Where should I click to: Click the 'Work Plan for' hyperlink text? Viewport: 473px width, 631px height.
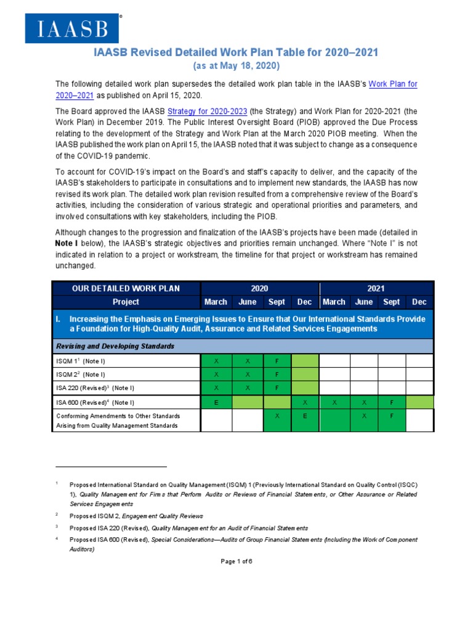pos(392,84)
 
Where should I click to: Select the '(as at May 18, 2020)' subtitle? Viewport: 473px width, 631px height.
pos(236,66)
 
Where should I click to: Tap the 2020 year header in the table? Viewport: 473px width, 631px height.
pos(259,288)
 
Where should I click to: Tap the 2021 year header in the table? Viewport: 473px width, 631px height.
pos(376,288)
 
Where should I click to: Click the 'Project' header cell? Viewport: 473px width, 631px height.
pos(126,302)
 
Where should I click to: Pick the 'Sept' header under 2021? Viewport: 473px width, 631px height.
pos(391,302)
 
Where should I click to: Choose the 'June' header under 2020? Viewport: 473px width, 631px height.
pos(247,302)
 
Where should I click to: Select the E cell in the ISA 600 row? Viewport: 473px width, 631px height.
pos(216,402)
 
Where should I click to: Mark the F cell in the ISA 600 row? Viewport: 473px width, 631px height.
pos(391,402)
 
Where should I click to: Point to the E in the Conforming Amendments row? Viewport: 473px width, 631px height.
pos(304,416)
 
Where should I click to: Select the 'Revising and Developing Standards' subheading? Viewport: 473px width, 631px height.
pos(115,346)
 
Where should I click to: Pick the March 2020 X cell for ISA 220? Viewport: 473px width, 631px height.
pos(216,388)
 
